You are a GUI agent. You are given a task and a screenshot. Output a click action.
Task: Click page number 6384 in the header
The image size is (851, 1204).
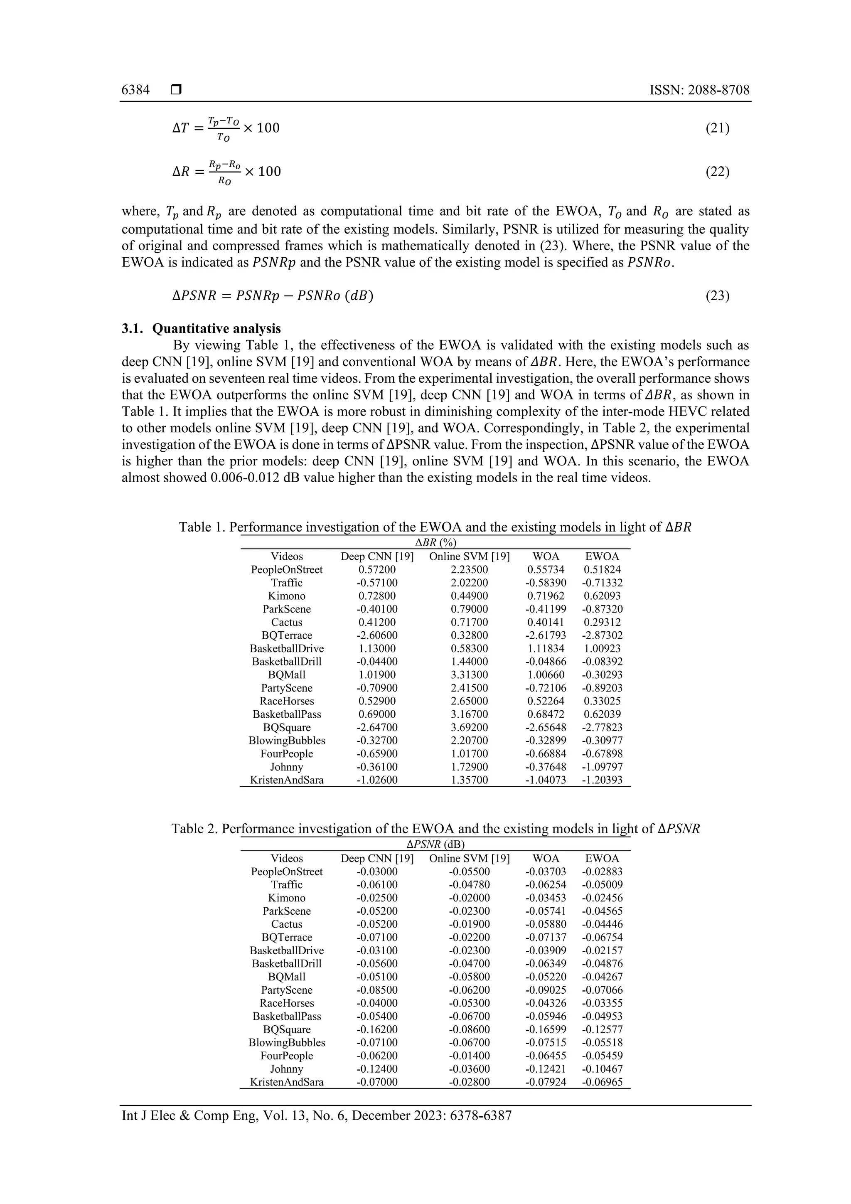click(x=135, y=90)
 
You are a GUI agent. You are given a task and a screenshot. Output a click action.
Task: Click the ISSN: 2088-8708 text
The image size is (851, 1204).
click(x=699, y=90)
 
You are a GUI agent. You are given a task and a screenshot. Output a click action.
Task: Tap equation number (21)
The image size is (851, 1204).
click(x=717, y=128)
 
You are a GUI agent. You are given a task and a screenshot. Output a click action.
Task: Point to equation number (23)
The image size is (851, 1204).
click(x=717, y=296)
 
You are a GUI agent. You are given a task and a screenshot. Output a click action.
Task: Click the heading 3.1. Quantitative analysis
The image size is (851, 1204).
click(x=202, y=329)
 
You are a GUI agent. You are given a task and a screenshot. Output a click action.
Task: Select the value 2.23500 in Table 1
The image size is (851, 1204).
click(x=469, y=569)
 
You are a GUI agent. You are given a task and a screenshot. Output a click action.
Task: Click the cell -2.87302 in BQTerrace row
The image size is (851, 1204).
click(x=602, y=635)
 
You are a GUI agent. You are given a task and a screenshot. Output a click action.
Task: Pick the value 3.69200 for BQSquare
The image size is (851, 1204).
click(x=469, y=727)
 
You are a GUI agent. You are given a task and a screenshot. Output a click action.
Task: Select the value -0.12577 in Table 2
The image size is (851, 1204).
click(x=602, y=1029)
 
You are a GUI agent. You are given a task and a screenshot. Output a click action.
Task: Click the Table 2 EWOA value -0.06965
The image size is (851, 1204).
click(x=602, y=1082)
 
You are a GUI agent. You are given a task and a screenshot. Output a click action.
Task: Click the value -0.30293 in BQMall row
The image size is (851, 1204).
click(x=602, y=675)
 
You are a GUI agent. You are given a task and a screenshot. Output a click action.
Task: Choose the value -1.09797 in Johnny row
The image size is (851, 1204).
click(x=602, y=767)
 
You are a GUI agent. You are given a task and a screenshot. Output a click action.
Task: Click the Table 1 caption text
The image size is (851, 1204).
click(x=435, y=527)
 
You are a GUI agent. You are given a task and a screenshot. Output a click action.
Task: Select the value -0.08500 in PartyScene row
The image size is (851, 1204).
click(x=377, y=990)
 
